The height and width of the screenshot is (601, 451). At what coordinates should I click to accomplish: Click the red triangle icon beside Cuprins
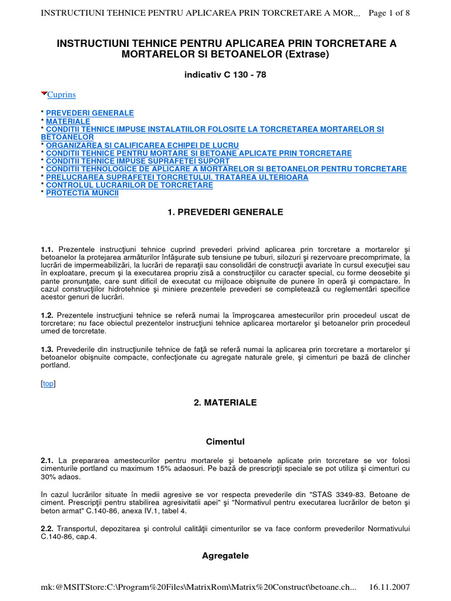[43, 94]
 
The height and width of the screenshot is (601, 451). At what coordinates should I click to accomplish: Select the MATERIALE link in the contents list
[68, 121]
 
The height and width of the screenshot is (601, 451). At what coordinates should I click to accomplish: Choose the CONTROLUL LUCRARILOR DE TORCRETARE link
[129, 185]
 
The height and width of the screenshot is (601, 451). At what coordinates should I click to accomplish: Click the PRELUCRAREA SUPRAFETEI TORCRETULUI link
[177, 177]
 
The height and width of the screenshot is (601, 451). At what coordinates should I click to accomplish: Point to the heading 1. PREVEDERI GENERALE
[225, 212]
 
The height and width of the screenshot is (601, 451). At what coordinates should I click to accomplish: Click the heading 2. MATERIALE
[225, 403]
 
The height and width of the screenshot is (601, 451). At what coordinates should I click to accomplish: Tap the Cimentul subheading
[225, 441]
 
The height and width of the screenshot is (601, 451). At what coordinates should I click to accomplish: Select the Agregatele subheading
[225, 555]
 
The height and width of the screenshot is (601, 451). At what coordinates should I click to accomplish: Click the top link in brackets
[48, 383]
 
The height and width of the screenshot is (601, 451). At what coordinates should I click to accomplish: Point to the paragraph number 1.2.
[47, 316]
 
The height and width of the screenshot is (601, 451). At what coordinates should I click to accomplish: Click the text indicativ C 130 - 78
[225, 75]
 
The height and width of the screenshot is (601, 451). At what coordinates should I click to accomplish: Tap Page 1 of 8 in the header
[388, 13]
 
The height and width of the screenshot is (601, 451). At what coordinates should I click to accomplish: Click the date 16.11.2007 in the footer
[389, 588]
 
